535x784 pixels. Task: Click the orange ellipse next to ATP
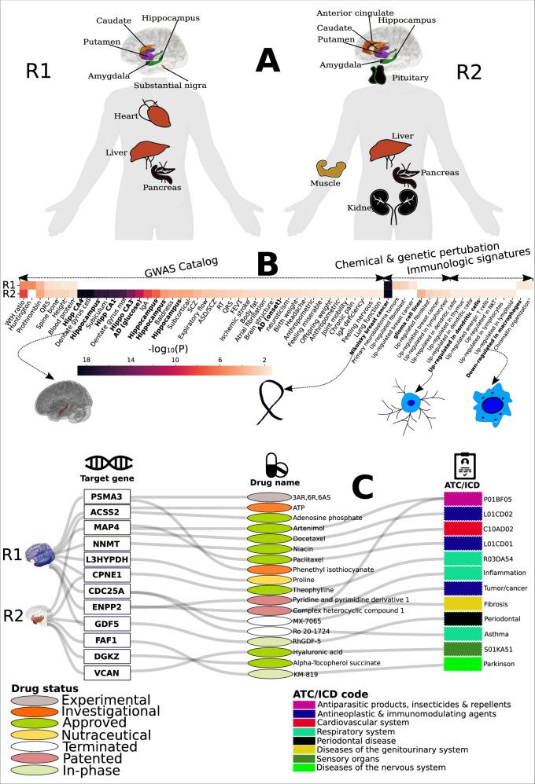(269, 507)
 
